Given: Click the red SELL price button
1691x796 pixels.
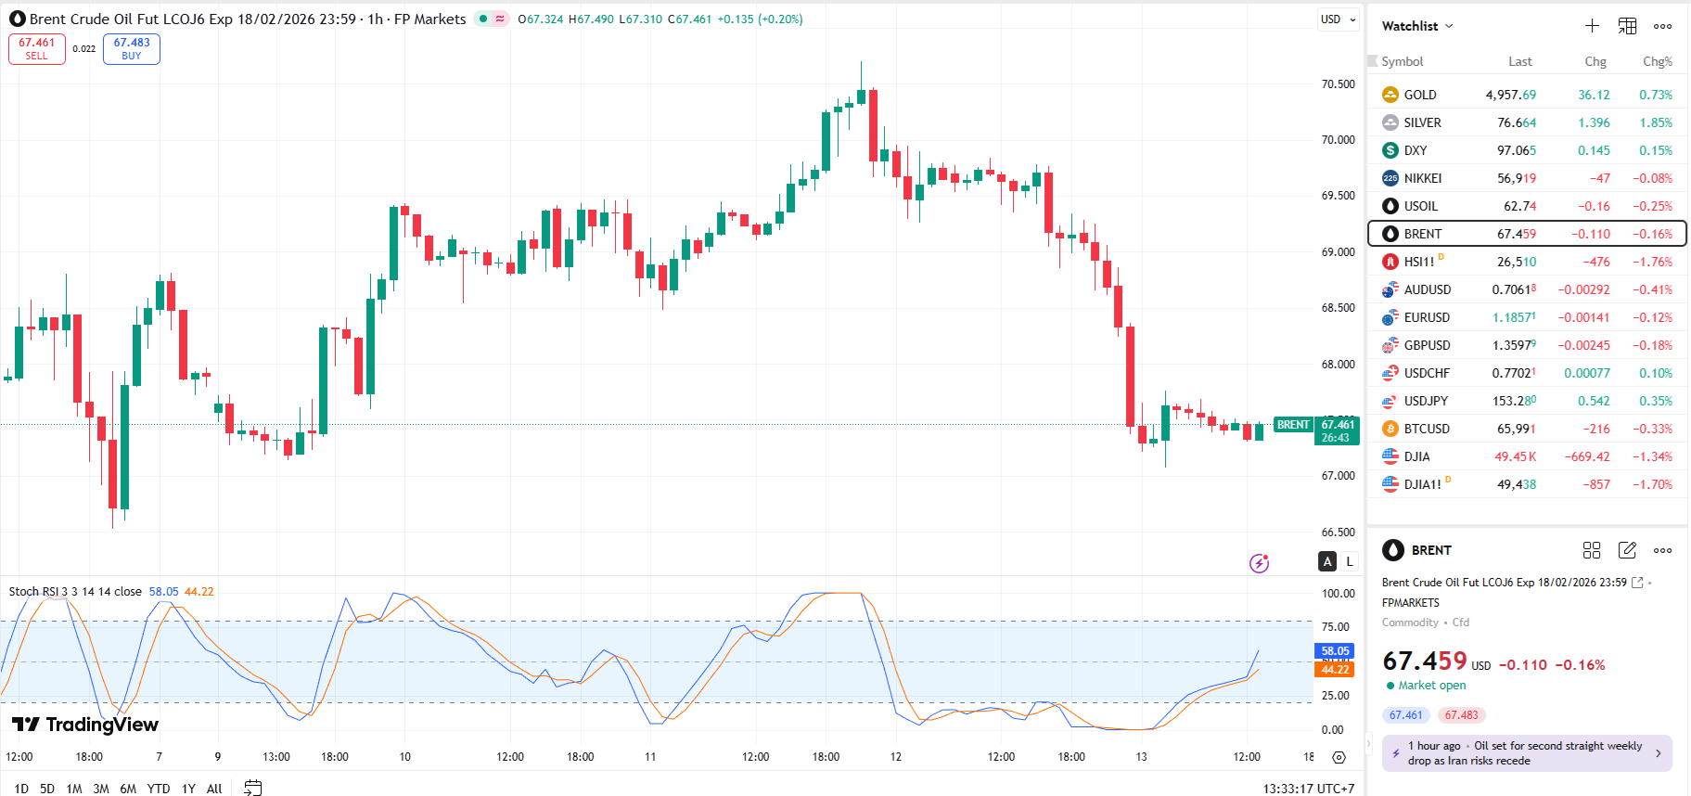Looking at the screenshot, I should (x=37, y=48).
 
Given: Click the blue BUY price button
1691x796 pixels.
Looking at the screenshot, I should (x=132, y=48).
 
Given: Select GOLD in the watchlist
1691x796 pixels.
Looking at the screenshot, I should (x=1419, y=95).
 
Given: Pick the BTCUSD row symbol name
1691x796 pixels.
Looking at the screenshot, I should (x=1426, y=429).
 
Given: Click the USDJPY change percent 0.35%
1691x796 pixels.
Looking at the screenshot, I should (x=1655, y=401).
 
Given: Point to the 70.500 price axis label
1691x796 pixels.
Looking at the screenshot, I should (x=1338, y=83).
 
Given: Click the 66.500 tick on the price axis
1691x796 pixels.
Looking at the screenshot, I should (x=1338, y=532).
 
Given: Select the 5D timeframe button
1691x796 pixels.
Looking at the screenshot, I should (x=47, y=789).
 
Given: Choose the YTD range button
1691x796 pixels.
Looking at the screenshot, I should (x=159, y=789).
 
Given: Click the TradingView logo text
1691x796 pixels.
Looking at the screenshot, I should (x=85, y=725).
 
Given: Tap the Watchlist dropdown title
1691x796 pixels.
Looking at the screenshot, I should (x=1416, y=26).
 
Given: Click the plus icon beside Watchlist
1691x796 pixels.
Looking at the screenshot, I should (x=1592, y=26).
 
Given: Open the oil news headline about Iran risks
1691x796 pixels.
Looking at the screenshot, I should (x=1526, y=752).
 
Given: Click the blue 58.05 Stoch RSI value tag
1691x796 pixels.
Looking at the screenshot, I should (x=1335, y=651).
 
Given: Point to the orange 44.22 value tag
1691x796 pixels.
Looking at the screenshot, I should (x=1335, y=669).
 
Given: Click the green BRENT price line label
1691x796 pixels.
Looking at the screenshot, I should (x=1293, y=425).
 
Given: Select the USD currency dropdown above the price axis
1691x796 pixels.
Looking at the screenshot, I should (x=1338, y=19).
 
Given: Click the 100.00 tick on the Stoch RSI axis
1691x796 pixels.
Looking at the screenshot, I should (x=1338, y=593).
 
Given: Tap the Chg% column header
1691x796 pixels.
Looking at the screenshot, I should (x=1657, y=61).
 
